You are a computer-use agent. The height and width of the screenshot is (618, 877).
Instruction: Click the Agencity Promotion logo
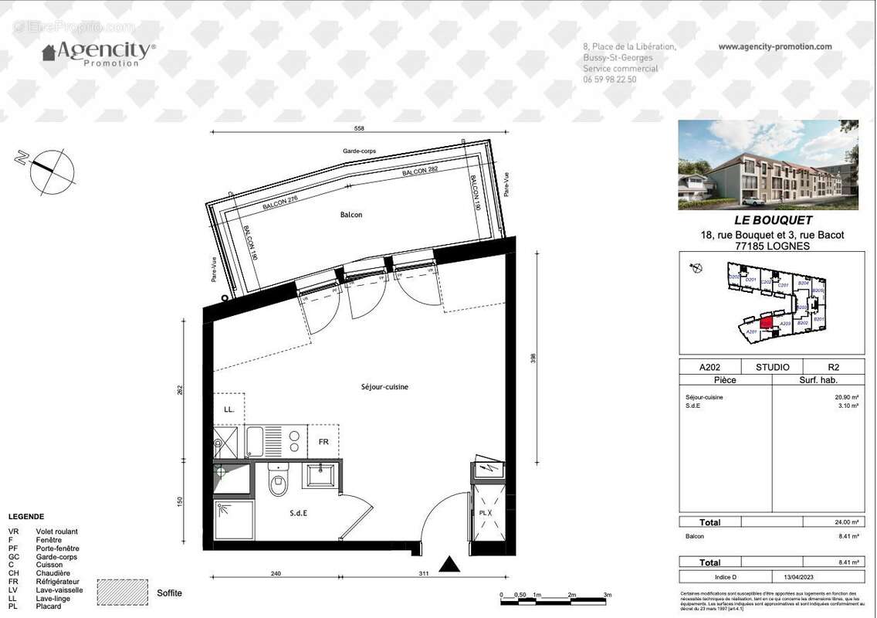coord(99,53)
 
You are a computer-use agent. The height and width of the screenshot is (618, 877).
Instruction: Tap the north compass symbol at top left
coord(52,169)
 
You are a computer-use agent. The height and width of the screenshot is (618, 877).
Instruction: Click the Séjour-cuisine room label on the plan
coord(384,387)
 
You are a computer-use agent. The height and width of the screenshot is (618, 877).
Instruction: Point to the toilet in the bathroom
coord(278,484)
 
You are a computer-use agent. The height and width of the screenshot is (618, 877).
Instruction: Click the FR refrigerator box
coord(323,442)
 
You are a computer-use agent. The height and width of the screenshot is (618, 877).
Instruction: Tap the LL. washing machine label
coord(229,409)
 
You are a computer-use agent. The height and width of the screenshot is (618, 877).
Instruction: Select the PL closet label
coord(483,512)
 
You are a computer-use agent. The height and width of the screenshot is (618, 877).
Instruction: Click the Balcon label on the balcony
coord(351,215)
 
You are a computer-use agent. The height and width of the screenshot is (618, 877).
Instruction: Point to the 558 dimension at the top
coord(358,128)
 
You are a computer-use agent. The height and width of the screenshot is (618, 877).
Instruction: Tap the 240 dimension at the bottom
coord(276,573)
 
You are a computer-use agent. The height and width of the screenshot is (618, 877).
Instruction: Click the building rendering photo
coord(768,165)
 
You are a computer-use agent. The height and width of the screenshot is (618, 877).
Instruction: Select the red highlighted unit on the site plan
coord(766,324)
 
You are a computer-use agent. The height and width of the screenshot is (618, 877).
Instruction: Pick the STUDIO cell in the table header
coord(773,368)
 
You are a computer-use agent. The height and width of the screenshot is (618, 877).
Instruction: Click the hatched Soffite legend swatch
coord(123,593)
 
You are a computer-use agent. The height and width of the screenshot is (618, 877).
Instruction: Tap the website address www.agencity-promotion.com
coord(775,46)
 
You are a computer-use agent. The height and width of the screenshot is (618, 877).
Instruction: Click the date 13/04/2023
coord(795,577)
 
